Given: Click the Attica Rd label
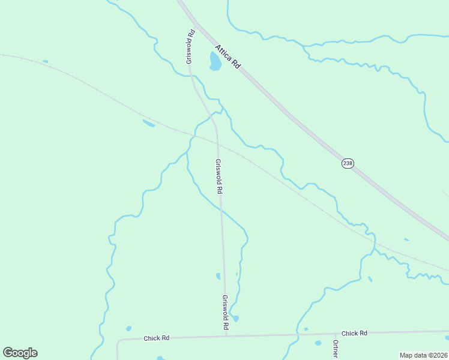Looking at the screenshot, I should click(x=228, y=56).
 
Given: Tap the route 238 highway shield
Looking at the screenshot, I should click(x=347, y=163).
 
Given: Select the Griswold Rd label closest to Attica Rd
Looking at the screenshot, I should click(x=190, y=47).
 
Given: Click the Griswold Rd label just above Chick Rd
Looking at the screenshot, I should click(x=226, y=312).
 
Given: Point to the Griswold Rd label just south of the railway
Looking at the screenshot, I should click(x=219, y=176).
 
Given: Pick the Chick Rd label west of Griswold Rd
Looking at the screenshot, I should click(x=157, y=338).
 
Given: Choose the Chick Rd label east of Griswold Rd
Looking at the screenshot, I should click(x=354, y=333).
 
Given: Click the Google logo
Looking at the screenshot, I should click(x=20, y=353).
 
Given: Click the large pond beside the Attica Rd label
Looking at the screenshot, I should click(x=214, y=61).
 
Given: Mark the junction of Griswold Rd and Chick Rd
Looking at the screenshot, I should click(x=226, y=335).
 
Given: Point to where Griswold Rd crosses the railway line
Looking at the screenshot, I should click(x=217, y=142).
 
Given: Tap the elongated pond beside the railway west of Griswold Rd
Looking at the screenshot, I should click(x=148, y=124).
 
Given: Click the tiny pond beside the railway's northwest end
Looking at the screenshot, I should click(x=45, y=61).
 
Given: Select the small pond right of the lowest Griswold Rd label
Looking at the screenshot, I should click(x=235, y=318).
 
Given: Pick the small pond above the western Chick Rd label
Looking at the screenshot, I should click(x=128, y=328).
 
